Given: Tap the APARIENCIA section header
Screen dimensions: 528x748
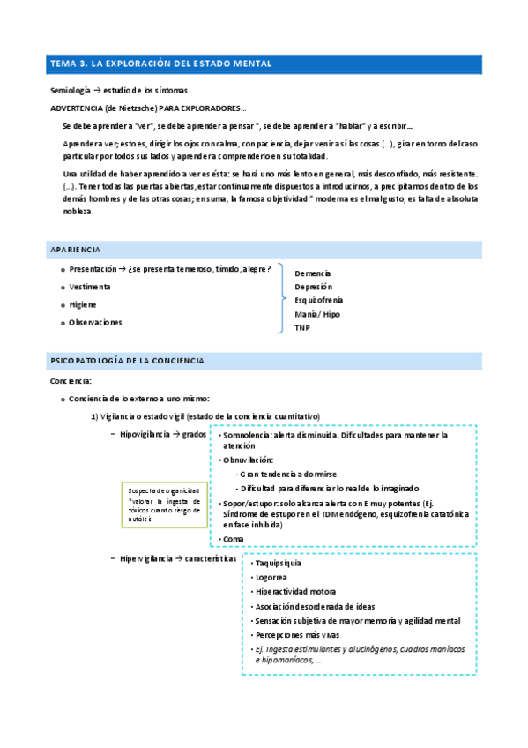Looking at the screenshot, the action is [77, 250].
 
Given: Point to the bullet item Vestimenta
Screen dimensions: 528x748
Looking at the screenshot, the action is [90, 287].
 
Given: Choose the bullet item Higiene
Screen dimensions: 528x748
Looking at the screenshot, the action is [83, 304].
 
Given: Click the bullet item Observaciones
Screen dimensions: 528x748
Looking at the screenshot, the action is [95, 322].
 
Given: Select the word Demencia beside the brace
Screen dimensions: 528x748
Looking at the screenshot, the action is [313, 273].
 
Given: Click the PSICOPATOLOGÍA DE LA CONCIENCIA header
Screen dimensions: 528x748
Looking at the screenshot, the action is [128, 361].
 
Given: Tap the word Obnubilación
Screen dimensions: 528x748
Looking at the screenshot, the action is [249, 460].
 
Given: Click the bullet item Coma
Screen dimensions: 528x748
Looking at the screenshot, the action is [233, 538].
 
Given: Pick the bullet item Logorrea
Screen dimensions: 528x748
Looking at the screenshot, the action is [271, 577].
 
